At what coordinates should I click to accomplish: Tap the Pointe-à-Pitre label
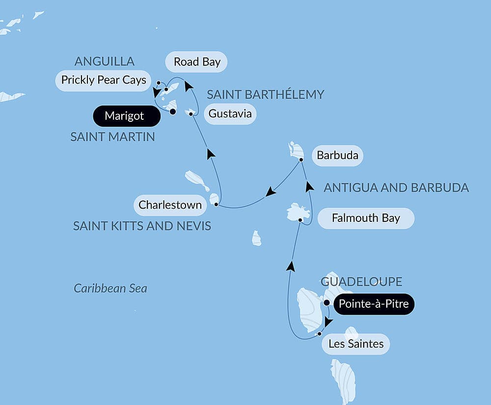[374, 304]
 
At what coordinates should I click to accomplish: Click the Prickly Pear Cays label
[103, 80]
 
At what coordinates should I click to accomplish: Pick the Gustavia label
[230, 114]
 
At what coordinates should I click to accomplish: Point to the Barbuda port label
[337, 156]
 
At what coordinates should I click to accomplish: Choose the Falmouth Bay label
[366, 218]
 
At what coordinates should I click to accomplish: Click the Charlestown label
[170, 205]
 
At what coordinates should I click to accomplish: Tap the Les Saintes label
[355, 344]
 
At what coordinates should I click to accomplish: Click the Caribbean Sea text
[110, 288]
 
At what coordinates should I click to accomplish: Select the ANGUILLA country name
[104, 61]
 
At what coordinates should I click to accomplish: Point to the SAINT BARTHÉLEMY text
[265, 94]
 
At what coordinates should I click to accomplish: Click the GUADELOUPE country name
[361, 282]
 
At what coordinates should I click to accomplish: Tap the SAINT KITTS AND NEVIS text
[142, 226]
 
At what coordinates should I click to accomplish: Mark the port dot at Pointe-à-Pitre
[327, 302]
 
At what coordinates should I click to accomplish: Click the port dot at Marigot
[173, 111]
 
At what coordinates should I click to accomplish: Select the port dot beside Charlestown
[216, 204]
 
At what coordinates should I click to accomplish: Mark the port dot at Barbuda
[301, 160]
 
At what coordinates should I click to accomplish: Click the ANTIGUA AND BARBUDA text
[396, 188]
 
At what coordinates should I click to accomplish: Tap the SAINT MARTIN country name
[112, 137]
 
